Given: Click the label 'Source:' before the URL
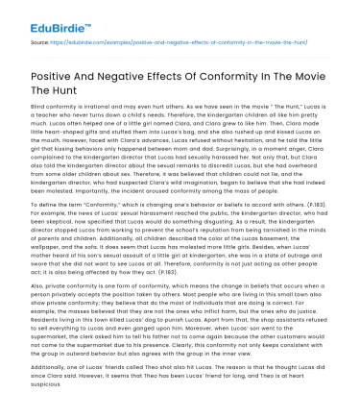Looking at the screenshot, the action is pos(40,43).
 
